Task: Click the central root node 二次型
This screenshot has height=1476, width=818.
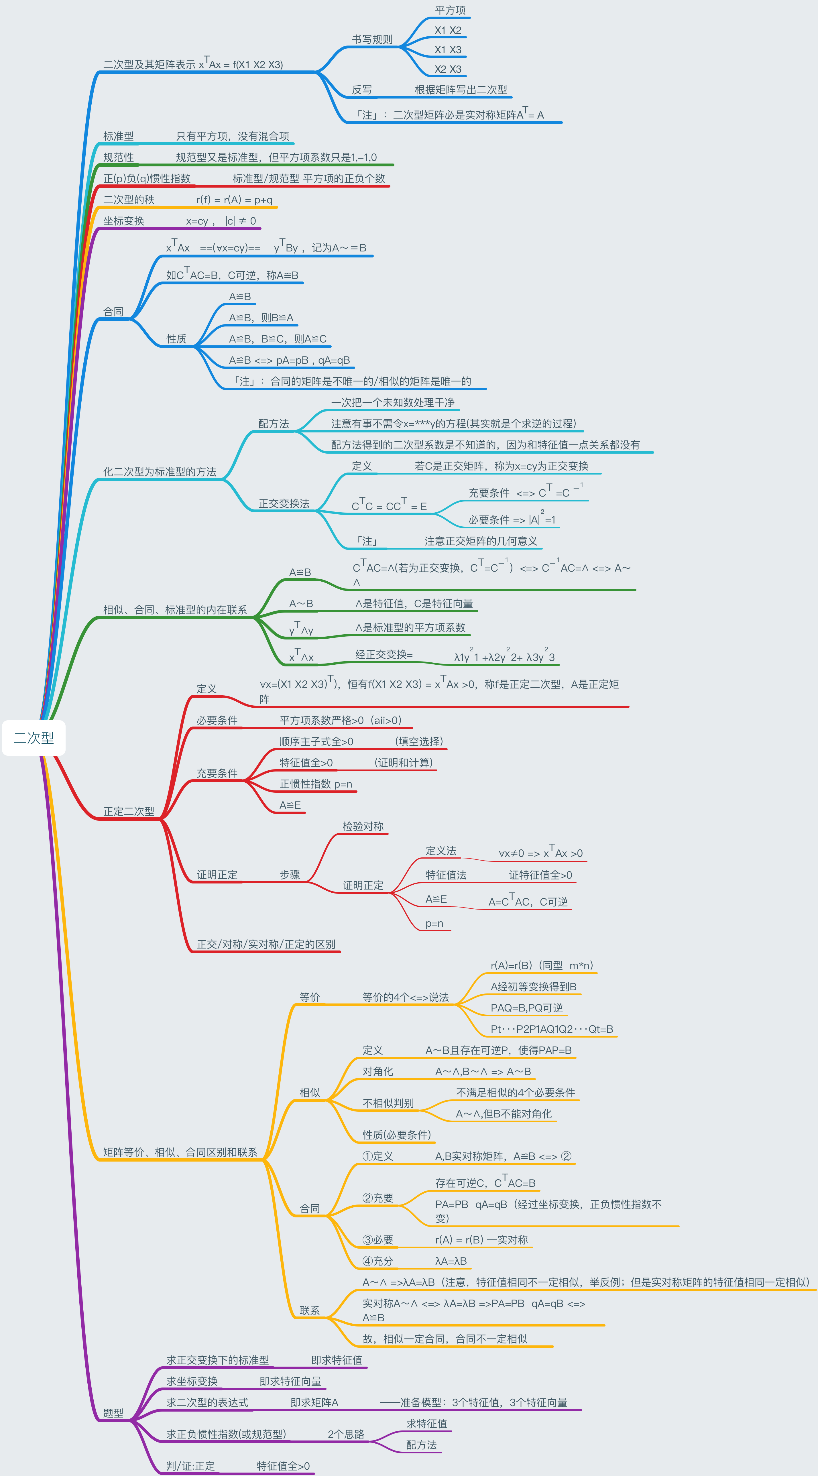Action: (34, 738)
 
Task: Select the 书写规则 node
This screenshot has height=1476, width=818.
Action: (372, 40)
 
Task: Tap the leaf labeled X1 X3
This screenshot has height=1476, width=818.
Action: (448, 50)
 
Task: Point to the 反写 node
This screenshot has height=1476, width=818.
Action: (362, 90)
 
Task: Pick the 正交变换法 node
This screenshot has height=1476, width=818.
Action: (284, 504)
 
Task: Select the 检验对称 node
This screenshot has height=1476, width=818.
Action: (363, 826)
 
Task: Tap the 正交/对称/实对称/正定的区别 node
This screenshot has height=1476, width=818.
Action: (266, 944)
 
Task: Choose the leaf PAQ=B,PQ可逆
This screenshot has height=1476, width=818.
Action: (526, 1008)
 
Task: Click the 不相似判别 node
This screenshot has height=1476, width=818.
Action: (388, 1103)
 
